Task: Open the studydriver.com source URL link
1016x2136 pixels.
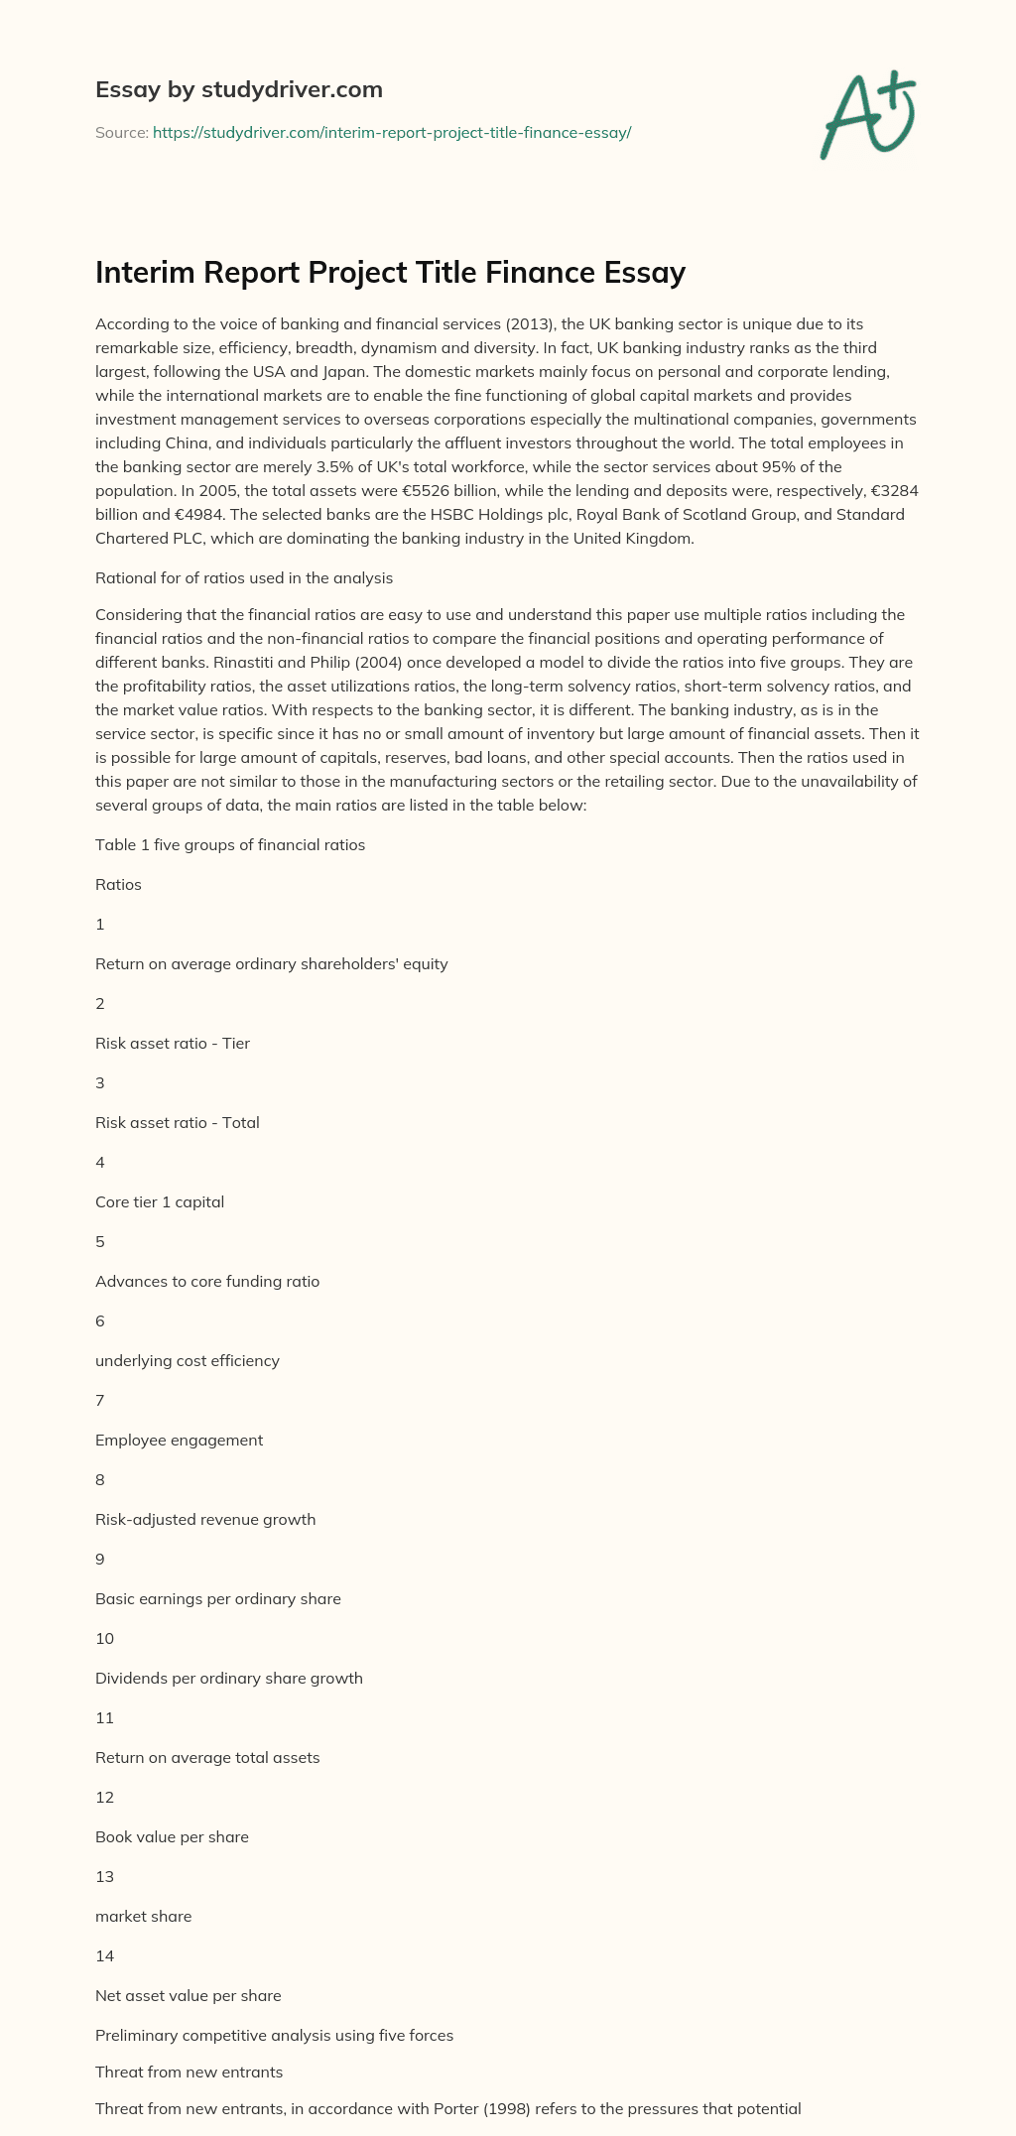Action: tap(392, 132)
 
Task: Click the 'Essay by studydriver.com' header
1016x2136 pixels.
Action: tap(239, 90)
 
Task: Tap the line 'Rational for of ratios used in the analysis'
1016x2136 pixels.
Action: tap(244, 577)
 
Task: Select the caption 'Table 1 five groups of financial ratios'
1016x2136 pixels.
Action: tap(230, 845)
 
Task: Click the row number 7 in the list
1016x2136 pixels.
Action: tap(100, 1400)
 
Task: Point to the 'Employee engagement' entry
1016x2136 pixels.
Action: tap(179, 1440)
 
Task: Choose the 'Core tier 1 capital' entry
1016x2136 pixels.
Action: tap(160, 1201)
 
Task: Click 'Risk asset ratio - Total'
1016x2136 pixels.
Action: tap(178, 1122)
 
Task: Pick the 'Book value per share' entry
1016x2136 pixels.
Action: tap(172, 1836)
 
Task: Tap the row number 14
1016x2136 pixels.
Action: tap(104, 1955)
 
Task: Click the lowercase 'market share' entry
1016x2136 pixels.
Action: tap(144, 1916)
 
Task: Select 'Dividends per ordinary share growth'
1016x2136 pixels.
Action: tap(229, 1678)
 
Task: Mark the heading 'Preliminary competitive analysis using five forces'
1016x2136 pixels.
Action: tap(274, 2035)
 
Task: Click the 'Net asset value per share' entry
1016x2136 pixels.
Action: tap(189, 1995)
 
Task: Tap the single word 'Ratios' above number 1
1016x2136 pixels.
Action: tap(118, 884)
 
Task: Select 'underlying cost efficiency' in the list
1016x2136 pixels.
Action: tap(188, 1360)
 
